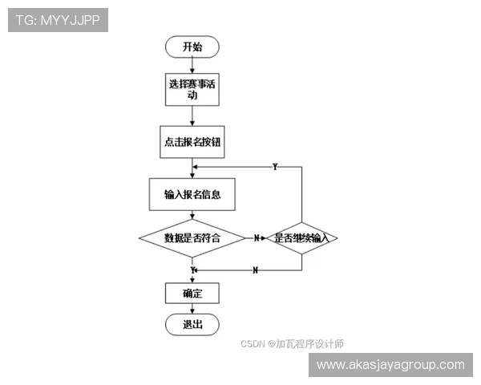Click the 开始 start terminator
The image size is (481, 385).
[192, 47]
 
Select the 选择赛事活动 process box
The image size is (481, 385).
[192, 89]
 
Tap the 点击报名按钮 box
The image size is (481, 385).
[192, 141]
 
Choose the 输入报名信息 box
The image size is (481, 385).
[192, 193]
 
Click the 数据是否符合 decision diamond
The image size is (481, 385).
[192, 237]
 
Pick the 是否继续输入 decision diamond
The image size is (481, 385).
[301, 238]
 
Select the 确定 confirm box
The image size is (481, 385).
[192, 293]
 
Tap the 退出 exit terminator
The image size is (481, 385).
[192, 324]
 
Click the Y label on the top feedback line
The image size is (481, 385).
[275, 167]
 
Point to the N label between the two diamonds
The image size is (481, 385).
[257, 238]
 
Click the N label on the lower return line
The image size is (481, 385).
[255, 270]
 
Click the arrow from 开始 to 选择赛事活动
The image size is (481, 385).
[192, 66]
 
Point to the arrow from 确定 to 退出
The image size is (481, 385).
[192, 308]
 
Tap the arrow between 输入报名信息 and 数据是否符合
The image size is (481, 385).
[192, 214]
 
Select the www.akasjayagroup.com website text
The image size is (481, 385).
[390, 365]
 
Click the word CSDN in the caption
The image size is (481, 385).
[253, 344]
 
